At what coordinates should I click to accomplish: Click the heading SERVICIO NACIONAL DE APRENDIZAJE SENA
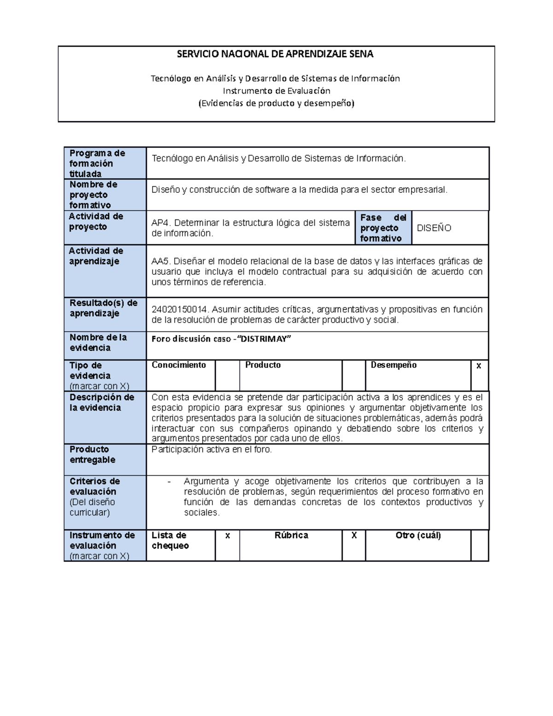tap(275, 54)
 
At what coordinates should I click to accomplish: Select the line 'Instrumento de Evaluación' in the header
tap(276, 91)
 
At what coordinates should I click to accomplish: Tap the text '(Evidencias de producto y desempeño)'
tap(276, 103)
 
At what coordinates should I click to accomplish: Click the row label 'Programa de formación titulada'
tap(97, 163)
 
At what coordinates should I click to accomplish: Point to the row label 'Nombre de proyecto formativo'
tap(94, 195)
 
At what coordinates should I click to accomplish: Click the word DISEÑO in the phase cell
tap(434, 228)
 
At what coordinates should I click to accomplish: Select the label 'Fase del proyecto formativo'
tap(383, 228)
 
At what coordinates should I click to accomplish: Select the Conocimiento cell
tap(179, 365)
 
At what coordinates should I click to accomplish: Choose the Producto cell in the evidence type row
tap(263, 365)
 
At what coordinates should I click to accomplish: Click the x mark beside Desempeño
tap(479, 366)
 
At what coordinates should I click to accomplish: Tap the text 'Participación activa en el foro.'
tap(212, 450)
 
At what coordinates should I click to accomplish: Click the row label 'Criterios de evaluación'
tap(94, 486)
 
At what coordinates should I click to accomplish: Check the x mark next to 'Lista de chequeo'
tap(227, 536)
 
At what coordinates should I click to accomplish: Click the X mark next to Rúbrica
tap(353, 536)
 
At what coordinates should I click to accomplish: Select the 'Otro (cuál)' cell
tap(418, 536)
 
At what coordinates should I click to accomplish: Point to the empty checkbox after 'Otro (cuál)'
tap(479, 545)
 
